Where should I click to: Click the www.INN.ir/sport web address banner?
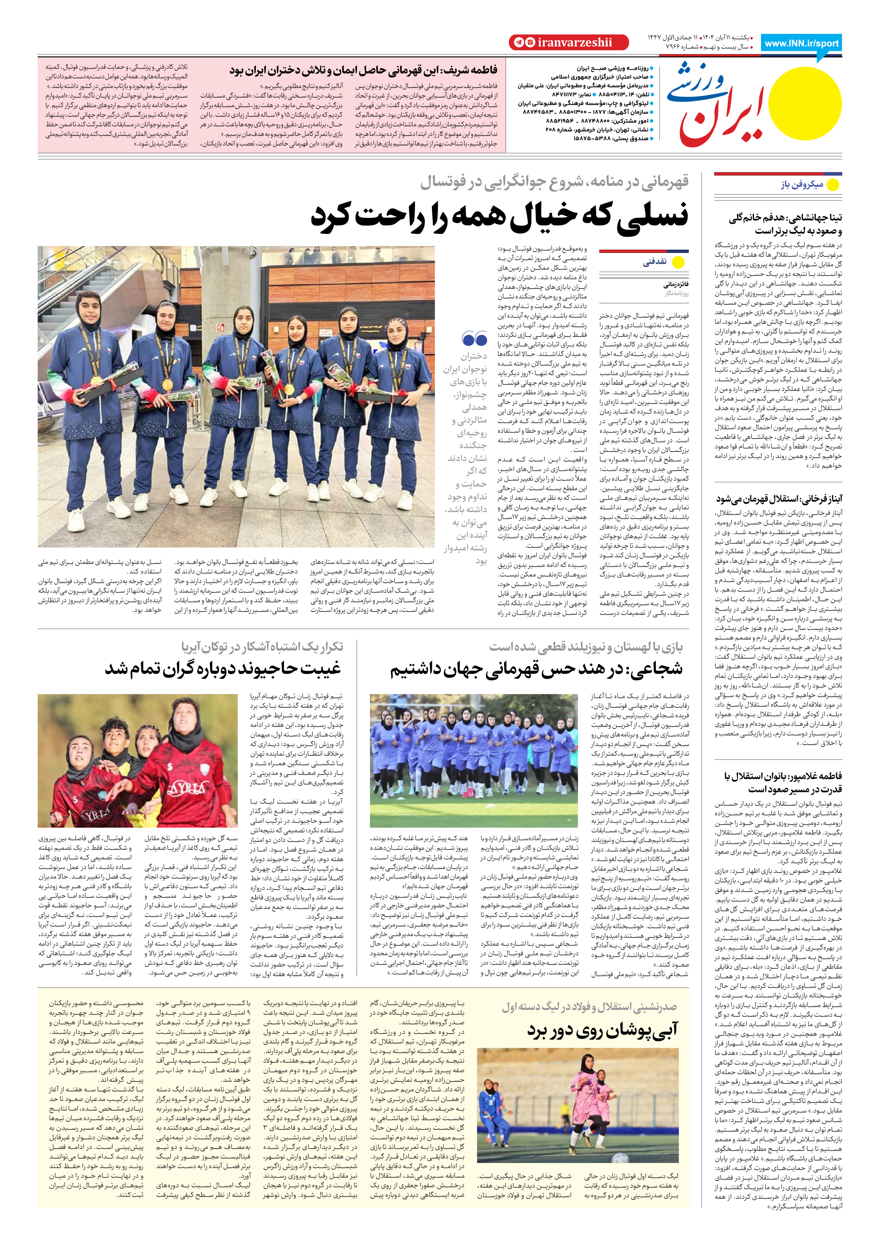pos(802,43)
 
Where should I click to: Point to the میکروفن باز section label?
pos(802,185)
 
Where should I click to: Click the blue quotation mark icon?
pos(474,339)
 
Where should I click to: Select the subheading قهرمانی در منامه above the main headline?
pos(554,182)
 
